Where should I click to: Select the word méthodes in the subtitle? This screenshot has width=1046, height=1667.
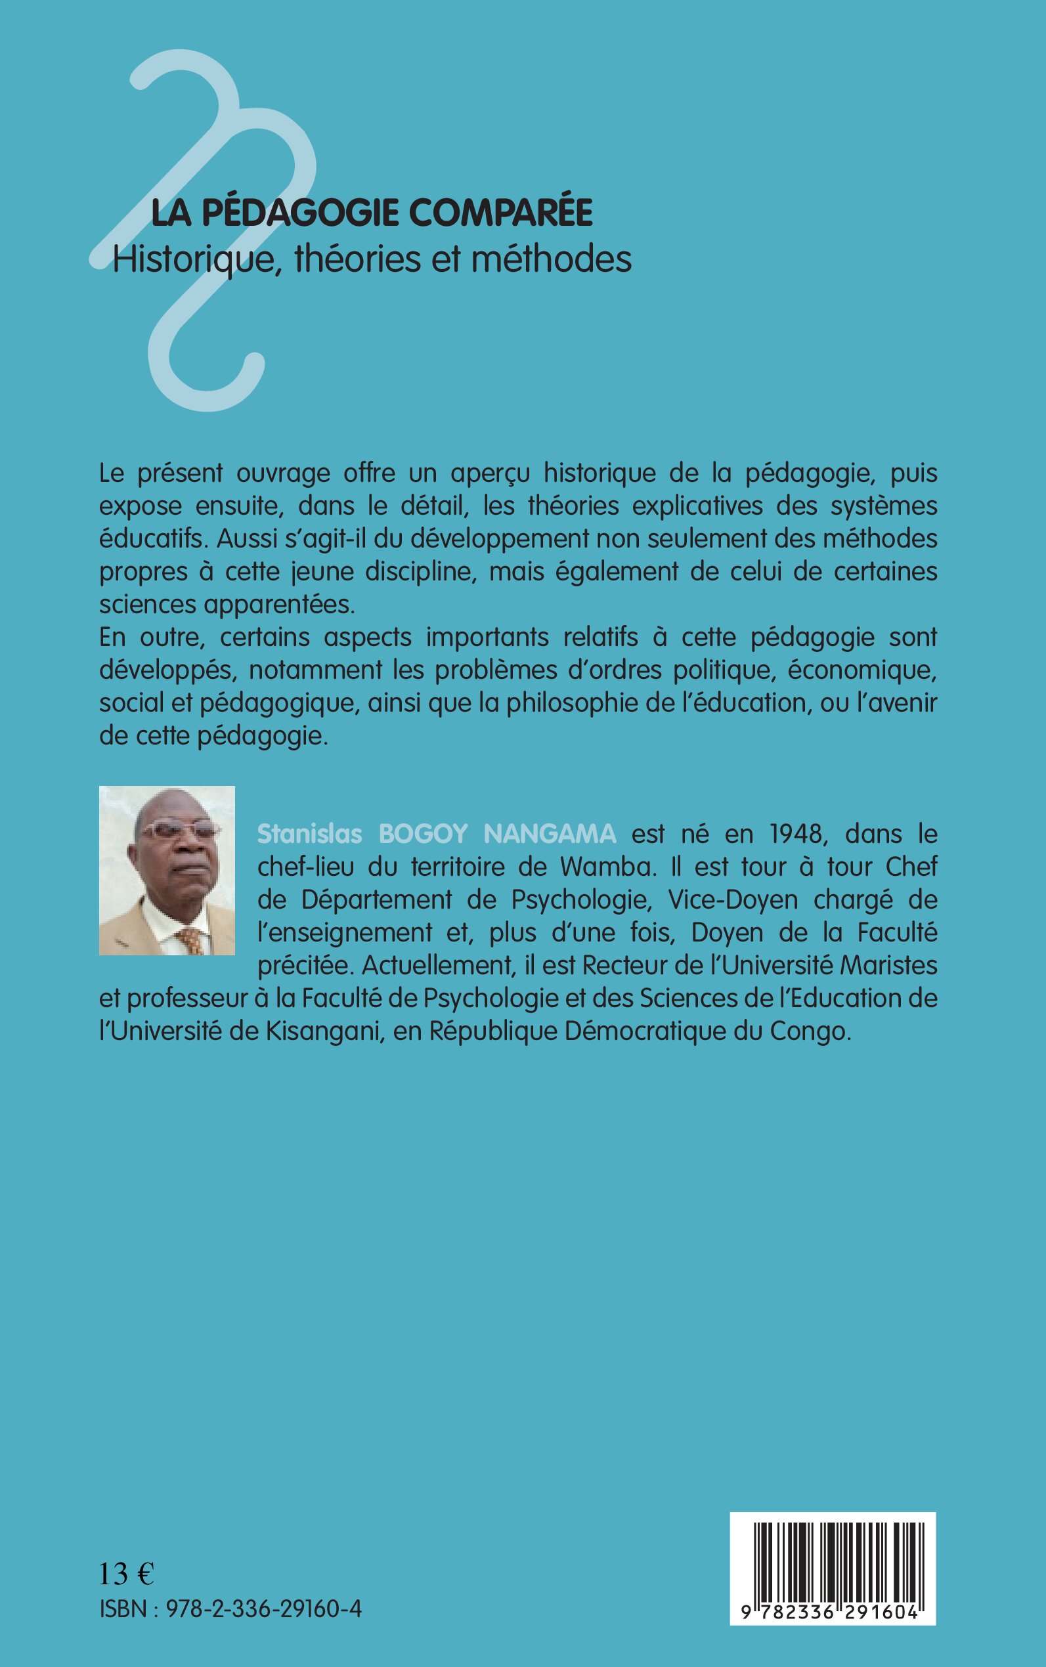pyautogui.click(x=552, y=259)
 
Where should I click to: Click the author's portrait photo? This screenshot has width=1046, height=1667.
pyautogui.click(x=167, y=870)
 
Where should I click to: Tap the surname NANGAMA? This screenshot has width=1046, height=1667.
pyautogui.click(x=550, y=834)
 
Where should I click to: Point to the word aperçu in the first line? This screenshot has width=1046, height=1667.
pyautogui.click(x=490, y=474)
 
